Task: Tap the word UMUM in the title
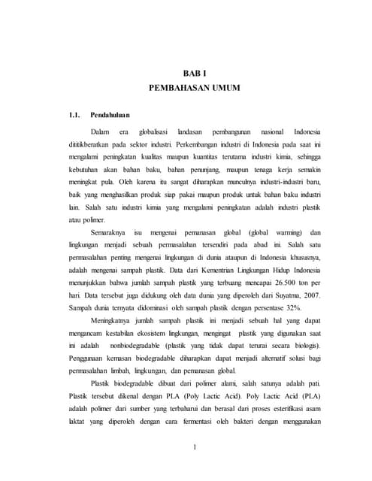tap(222, 87)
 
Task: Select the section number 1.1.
tap(74, 116)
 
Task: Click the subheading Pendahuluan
tap(110, 116)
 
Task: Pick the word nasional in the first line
tap(268, 131)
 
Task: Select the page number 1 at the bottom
tap(194, 449)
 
